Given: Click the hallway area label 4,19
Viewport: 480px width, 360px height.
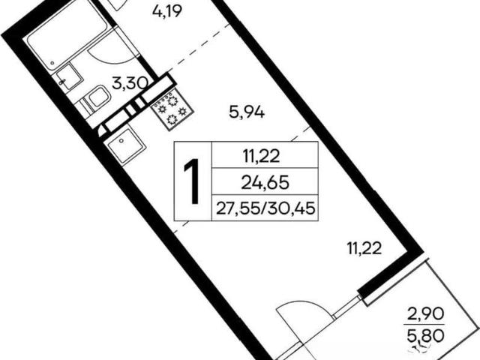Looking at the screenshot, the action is (x=167, y=12).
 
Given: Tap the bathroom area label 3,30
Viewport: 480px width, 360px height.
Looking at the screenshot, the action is (x=130, y=83).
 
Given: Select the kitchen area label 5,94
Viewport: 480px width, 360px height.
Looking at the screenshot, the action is (x=247, y=113).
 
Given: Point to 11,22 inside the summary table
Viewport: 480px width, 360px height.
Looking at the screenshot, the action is (x=262, y=157).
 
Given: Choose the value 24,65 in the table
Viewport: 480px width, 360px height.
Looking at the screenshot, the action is (x=265, y=183).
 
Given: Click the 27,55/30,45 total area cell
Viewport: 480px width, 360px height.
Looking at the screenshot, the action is (x=265, y=208).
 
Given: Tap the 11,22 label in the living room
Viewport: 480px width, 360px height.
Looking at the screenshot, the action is (x=364, y=248).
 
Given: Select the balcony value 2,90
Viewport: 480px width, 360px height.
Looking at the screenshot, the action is (x=425, y=313).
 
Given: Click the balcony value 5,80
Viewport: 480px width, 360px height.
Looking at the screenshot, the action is (x=425, y=336).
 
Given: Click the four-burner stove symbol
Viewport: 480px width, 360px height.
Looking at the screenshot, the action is (x=172, y=109).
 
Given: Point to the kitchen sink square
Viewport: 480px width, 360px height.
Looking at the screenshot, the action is (x=125, y=147).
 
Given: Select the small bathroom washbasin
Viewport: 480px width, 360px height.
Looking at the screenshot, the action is (x=70, y=76).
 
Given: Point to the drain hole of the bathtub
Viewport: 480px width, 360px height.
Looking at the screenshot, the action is (x=53, y=63).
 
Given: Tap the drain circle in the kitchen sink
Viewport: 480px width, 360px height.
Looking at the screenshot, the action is (x=121, y=141).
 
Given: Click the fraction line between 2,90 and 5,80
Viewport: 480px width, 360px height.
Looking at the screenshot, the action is (x=424, y=324).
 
